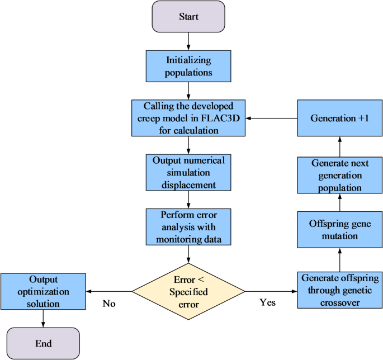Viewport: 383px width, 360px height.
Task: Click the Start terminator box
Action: click(188, 16)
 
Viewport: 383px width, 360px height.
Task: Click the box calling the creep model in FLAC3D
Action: click(188, 118)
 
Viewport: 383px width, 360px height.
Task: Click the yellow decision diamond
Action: click(188, 291)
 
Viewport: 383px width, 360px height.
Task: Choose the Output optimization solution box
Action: click(43, 291)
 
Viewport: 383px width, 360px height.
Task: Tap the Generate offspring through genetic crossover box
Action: click(340, 291)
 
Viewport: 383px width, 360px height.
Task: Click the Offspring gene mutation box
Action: click(340, 229)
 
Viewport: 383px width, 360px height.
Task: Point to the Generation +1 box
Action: click(340, 119)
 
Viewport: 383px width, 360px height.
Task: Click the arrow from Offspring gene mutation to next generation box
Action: click(340, 202)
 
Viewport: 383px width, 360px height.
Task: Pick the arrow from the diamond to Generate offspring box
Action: click(271, 291)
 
